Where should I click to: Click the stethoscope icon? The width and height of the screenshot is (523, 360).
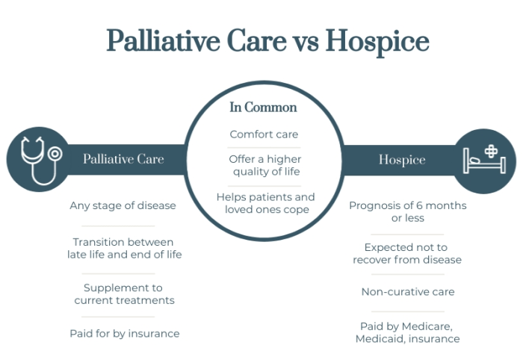pos(40,159)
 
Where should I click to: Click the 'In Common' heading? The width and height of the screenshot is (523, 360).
pos(263,108)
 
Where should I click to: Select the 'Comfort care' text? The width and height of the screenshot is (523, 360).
pos(264,134)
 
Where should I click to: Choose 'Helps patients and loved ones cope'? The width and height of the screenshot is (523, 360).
pos(265,202)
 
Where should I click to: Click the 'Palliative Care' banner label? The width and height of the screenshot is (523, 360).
pos(123,159)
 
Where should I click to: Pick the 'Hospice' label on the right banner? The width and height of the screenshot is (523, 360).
pos(401,159)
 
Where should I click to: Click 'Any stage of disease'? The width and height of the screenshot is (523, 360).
pos(123,205)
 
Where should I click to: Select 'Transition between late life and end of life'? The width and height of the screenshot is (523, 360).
pos(123,248)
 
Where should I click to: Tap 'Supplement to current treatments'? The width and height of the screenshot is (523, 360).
pos(124,294)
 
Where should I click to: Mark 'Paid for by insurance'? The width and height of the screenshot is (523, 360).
pos(124,333)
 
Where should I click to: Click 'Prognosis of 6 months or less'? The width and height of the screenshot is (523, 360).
pos(407,211)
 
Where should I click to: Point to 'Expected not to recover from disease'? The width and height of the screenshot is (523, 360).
pos(407,253)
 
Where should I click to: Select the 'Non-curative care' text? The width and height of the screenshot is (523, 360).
pos(407,292)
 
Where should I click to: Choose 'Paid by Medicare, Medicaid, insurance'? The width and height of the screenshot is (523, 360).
pos(407,332)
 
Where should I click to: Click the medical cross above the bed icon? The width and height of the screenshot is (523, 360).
pos(491,152)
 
